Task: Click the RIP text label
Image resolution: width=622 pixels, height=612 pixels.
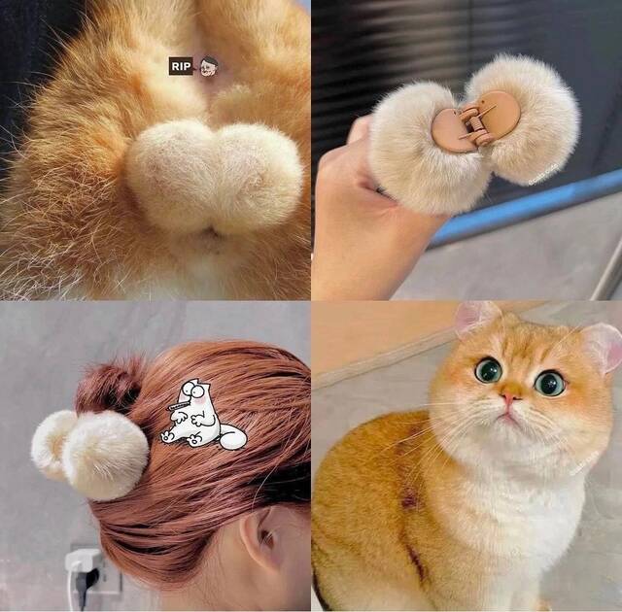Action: [x=180, y=66]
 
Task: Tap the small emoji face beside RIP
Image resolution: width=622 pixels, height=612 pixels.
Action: [x=208, y=66]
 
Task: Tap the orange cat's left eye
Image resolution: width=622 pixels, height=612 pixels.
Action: [x=488, y=369]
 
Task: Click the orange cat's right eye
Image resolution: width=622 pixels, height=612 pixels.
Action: [x=550, y=383]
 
